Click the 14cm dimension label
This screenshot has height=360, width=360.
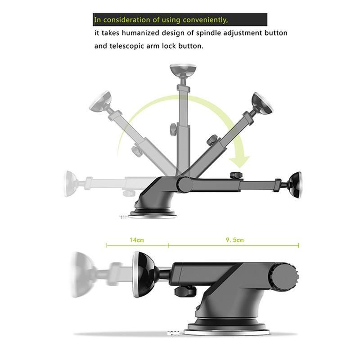pos(137,240)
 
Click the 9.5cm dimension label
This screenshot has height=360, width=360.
pos(234,240)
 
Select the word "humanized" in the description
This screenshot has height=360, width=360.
pos(145,33)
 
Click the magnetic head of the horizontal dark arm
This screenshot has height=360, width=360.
pos(295,185)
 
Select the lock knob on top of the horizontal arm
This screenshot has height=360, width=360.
pos(235,175)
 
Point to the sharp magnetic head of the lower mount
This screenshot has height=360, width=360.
pos(144,274)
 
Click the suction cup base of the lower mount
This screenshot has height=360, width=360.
pos(229,327)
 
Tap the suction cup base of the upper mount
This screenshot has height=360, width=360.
pos(153,212)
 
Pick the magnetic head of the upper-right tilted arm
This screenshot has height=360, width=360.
pos(262,103)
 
